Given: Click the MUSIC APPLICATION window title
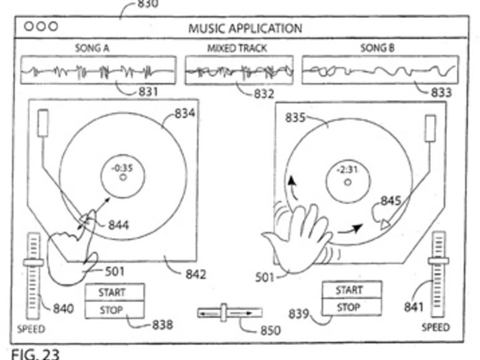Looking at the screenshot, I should pos(244,28).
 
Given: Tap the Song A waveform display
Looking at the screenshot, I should pos(98,70).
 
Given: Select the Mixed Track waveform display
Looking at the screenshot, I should pos(239,70).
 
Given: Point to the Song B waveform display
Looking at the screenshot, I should pos(380,70).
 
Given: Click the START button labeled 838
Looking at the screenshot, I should pos(114,292).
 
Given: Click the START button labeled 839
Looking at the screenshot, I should pos(350,290).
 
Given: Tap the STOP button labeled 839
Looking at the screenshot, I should pos(350,307).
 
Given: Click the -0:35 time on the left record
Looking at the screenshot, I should pos(123,167).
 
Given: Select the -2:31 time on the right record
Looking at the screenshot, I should pos(347,170).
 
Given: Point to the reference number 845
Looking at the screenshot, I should pos(391,202).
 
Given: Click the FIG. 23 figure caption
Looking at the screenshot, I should pos(35,353).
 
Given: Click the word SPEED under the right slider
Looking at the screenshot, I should pos(436,327).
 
